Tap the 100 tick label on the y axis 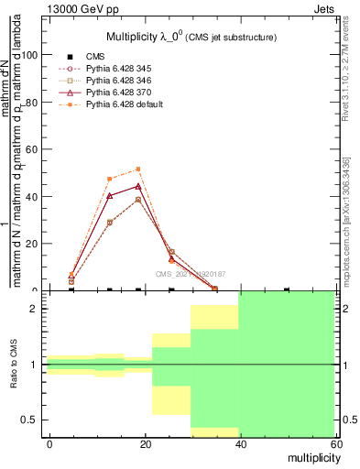pos(30,55)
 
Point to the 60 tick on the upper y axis pos(33,149)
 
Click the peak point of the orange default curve pos(138,169)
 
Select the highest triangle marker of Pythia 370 pos(138,186)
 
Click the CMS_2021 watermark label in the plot pos(190,273)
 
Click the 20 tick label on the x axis pos(143,444)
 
